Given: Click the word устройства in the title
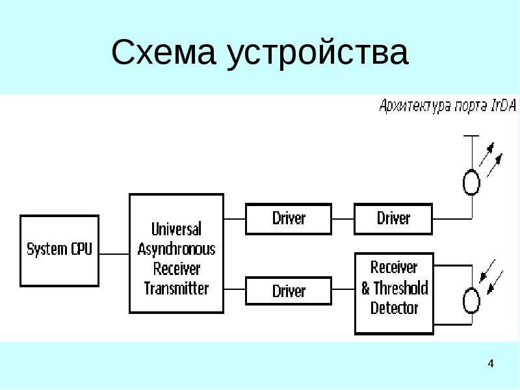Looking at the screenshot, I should pos(318,54).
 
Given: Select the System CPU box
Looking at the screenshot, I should pos(60,250).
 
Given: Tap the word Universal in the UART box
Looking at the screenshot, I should pos(176,229).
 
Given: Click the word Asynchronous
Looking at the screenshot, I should pos(176,249).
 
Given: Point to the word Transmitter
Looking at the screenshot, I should pos(176,288).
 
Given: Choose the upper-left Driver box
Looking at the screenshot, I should pos(289,218).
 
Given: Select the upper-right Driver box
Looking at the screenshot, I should pos(393,218).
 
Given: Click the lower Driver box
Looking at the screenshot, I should pos(289,291).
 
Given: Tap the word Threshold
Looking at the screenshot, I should pos(401,287).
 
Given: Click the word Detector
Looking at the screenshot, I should pos(394,307).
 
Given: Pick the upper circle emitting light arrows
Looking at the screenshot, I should pos(471,182).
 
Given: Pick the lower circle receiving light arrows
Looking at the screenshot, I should pos(471,300).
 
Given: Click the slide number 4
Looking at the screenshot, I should pos(491,363).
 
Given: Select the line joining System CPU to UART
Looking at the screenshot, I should pos(114,253).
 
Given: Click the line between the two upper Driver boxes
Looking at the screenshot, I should pos(343,218).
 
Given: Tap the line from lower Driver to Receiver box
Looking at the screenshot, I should pos(343,291).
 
